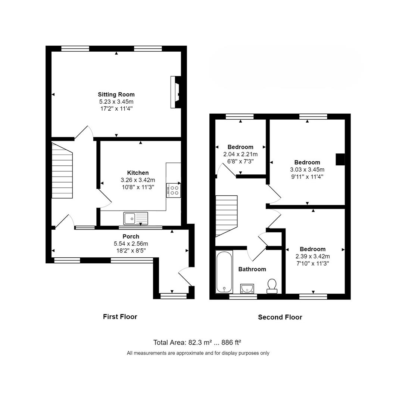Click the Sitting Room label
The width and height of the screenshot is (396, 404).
[116, 94]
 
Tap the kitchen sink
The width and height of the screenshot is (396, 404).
[135, 218]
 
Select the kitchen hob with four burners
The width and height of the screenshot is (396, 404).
[174, 190]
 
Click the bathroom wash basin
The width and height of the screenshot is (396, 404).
[247, 288]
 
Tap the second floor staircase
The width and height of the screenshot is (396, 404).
[227, 216]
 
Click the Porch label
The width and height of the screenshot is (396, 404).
[131, 236]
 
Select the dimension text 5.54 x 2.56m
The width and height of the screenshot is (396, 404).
[131, 244]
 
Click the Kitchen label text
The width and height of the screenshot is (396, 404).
[138, 173]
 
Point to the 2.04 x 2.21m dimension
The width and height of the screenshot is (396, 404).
[240, 154]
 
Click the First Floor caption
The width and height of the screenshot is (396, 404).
[120, 317]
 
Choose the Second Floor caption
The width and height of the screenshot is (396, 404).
[280, 317]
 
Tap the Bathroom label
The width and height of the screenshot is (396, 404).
[252, 269]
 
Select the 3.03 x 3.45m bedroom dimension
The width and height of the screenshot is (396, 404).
[307, 169]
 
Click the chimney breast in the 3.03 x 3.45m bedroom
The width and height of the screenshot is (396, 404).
[340, 159]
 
